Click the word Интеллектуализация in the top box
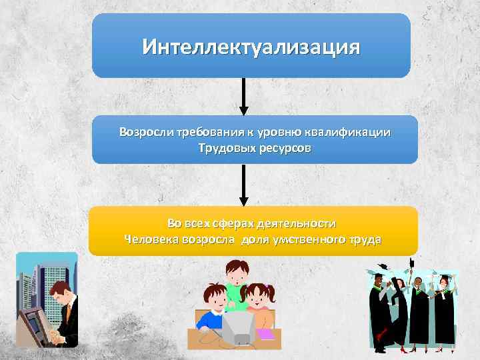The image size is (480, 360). click(251, 47)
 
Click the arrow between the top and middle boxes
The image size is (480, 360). click(244, 96)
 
